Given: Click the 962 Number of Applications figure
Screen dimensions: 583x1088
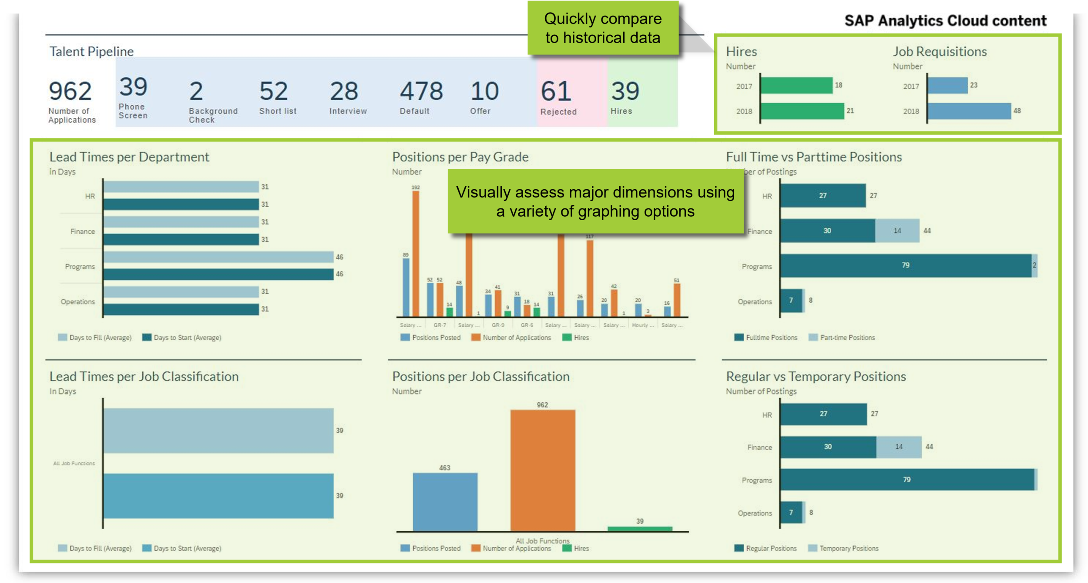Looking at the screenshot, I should click(x=70, y=91).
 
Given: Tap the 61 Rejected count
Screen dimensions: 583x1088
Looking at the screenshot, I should click(x=556, y=92).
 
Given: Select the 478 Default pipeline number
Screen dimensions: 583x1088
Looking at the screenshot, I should click(x=421, y=91).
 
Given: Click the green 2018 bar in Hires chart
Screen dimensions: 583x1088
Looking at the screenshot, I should click(x=802, y=111).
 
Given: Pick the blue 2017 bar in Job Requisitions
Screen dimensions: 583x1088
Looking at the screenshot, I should click(x=947, y=86).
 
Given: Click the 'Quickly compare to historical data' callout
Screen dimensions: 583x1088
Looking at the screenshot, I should click(x=603, y=28).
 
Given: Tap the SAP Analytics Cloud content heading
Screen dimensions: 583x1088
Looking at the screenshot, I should click(x=945, y=21).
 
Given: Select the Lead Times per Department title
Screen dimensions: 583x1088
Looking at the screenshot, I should click(x=129, y=157).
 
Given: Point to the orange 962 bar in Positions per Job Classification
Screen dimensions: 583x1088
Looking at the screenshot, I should click(x=543, y=470).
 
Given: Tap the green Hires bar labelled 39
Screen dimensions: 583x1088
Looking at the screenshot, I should click(x=639, y=529).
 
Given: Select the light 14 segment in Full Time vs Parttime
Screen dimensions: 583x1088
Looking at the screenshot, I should click(x=897, y=231).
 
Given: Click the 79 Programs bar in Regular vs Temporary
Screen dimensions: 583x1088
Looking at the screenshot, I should click(x=907, y=479).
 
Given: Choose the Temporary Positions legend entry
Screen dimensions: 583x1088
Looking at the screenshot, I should click(x=848, y=548).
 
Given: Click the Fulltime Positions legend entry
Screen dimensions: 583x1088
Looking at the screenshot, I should click(x=771, y=338).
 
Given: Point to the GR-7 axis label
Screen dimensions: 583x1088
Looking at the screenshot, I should click(x=440, y=325).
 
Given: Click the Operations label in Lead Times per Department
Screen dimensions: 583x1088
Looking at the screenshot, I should click(x=77, y=302).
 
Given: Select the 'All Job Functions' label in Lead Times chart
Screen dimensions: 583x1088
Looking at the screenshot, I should click(x=74, y=463).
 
